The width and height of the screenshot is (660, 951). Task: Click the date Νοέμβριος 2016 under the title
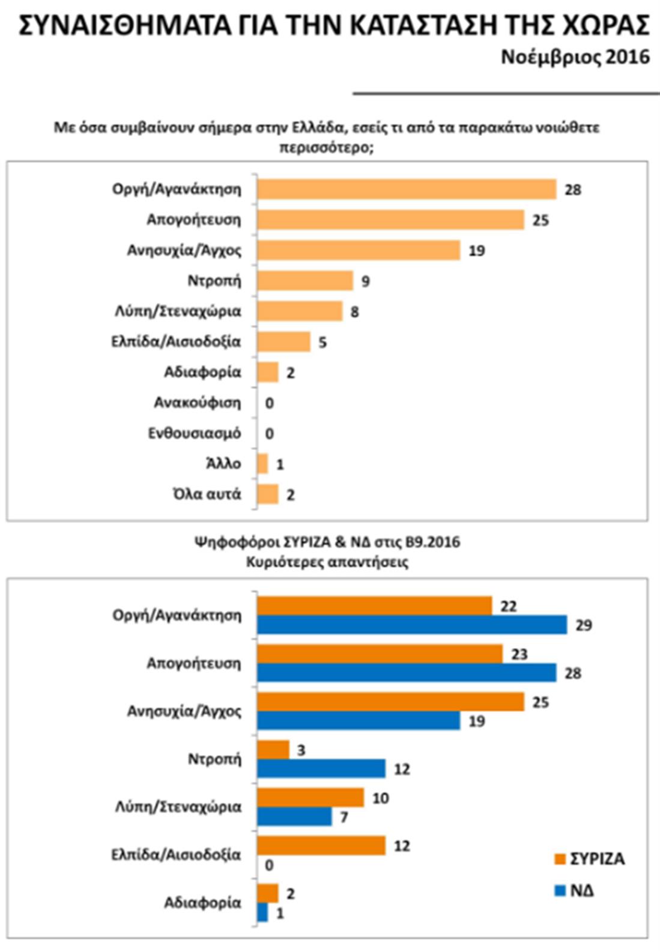point(575,57)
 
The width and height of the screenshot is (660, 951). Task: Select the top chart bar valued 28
point(407,189)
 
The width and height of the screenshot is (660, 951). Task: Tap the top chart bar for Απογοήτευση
point(390,220)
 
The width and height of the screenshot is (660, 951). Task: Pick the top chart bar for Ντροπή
point(305,281)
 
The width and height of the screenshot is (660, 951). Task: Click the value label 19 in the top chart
point(476,251)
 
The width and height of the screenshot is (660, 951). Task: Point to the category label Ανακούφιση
point(197,403)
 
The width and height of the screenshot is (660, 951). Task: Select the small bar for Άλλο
point(262,464)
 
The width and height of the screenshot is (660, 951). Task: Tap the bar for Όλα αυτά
point(268,494)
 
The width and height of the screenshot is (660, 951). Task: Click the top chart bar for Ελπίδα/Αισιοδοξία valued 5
point(283,342)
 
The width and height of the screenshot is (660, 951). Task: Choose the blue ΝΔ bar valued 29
point(412,625)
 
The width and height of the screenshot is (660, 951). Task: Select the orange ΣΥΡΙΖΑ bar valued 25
point(390,702)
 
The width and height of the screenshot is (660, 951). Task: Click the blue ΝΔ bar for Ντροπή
point(321,768)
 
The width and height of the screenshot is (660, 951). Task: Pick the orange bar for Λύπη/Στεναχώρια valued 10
point(310,798)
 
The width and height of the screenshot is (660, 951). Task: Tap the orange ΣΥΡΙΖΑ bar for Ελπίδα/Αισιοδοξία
point(321,845)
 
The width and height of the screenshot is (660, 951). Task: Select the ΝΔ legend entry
point(575,890)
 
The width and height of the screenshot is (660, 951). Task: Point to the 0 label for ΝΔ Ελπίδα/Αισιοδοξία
point(269,865)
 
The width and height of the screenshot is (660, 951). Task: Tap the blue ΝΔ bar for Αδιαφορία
point(262,913)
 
